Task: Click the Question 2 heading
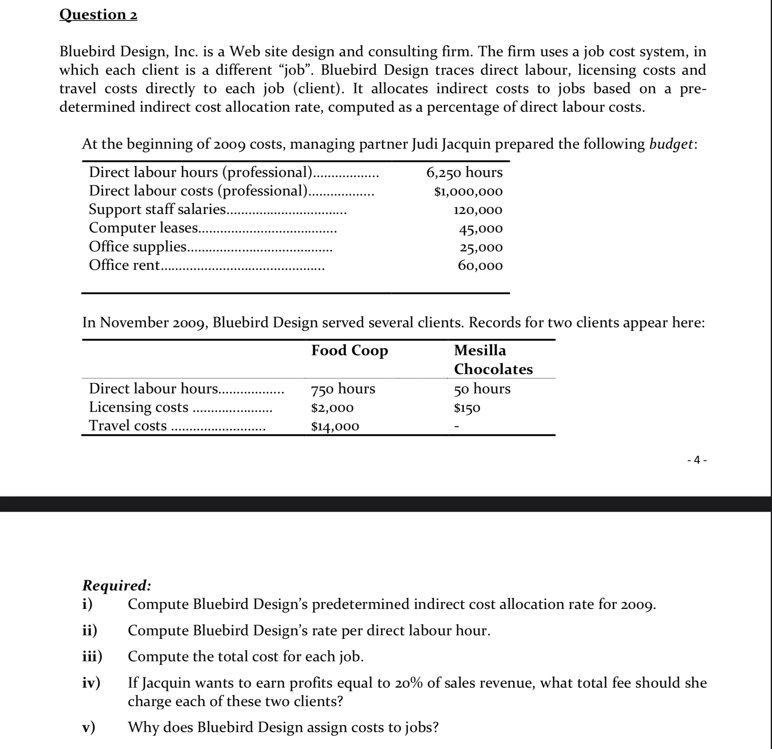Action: click(98, 14)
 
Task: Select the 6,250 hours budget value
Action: click(464, 172)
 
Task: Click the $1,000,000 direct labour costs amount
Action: click(468, 191)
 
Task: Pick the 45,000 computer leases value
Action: click(480, 229)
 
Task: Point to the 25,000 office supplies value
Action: click(481, 247)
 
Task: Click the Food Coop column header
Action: click(349, 350)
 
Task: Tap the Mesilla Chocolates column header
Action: click(493, 360)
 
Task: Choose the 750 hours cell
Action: click(343, 389)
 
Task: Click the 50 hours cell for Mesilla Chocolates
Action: click(482, 389)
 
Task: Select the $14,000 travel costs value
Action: click(335, 426)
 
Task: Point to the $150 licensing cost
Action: click(467, 408)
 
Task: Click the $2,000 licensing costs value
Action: click(332, 408)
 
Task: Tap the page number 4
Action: click(697, 459)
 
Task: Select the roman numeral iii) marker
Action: click(92, 657)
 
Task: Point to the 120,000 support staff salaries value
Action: click(478, 210)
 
